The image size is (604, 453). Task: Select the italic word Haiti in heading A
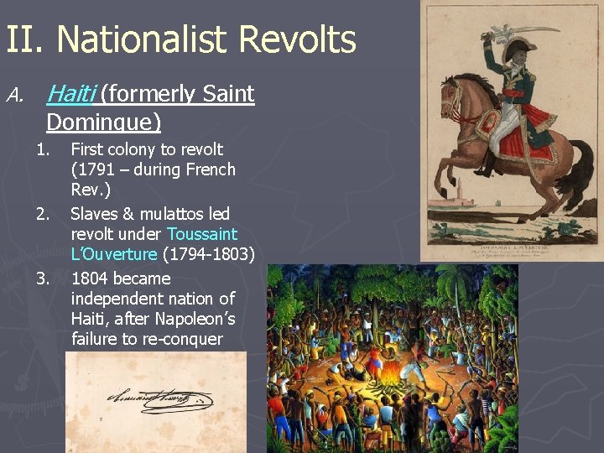[x=72, y=94]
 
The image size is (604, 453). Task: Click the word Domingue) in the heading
[x=103, y=122]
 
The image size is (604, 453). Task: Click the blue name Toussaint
[x=202, y=234]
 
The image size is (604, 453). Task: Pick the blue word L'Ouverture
[x=114, y=254]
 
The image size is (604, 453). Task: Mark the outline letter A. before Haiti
[x=14, y=94]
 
